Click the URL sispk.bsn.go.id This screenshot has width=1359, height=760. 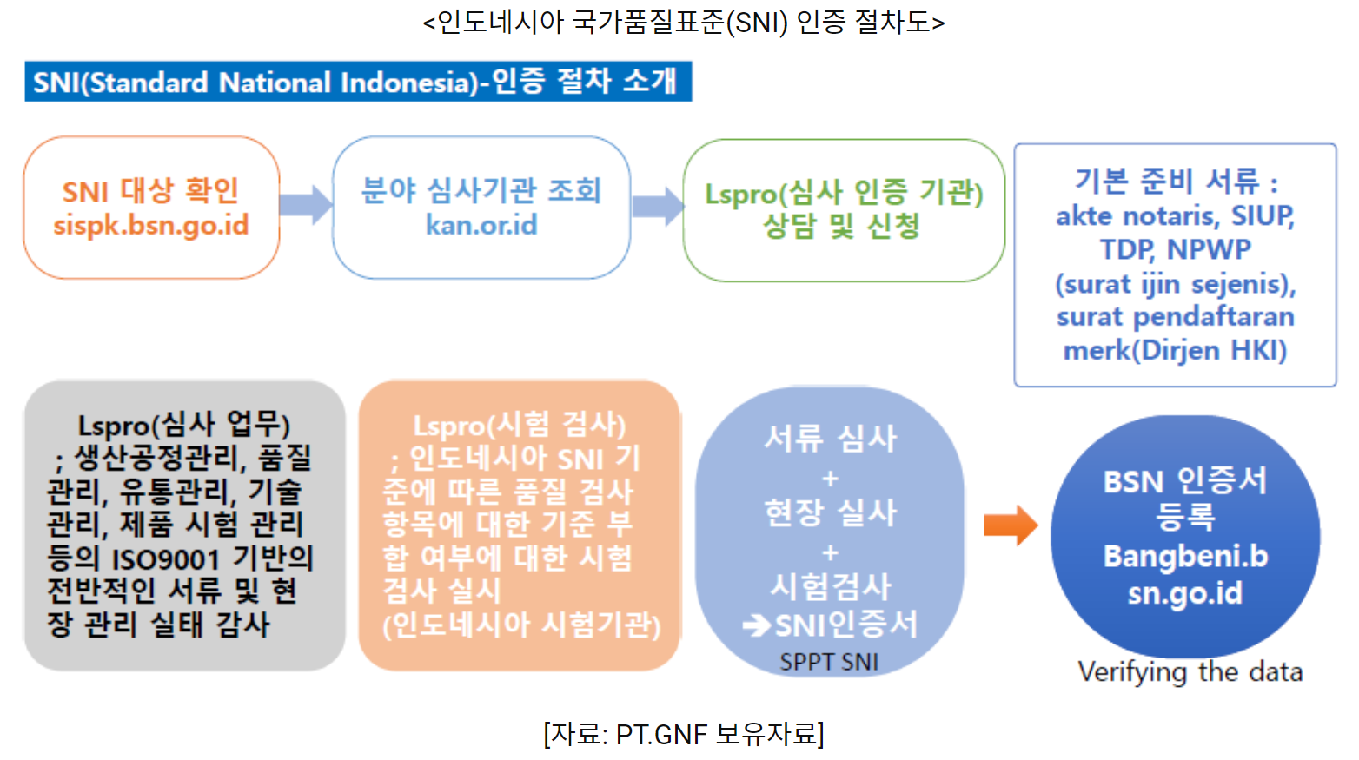tap(151, 225)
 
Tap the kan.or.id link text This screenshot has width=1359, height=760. tap(481, 225)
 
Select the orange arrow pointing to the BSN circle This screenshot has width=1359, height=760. tap(1011, 525)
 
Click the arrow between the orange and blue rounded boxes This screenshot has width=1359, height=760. tap(306, 205)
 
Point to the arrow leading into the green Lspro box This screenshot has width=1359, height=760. tap(658, 206)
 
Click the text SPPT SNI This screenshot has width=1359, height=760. tap(829, 662)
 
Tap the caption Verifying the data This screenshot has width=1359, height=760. tap(1190, 671)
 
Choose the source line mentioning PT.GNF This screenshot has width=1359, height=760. tap(684, 735)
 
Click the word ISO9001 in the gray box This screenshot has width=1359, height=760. tap(166, 558)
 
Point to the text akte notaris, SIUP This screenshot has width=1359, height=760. tap(1175, 215)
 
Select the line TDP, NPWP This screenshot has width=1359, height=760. tap(1175, 249)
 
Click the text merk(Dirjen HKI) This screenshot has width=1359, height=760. tap(1175, 350)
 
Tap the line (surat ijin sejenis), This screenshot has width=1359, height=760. tap(1175, 284)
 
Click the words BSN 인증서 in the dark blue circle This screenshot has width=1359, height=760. tap(1185, 480)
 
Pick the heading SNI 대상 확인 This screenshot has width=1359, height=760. tap(150, 190)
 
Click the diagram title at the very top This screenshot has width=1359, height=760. tap(684, 22)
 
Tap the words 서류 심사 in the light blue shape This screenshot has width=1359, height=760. tap(830, 439)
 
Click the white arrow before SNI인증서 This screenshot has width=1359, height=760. tap(757, 625)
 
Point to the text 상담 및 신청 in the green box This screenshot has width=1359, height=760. tap(841, 227)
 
